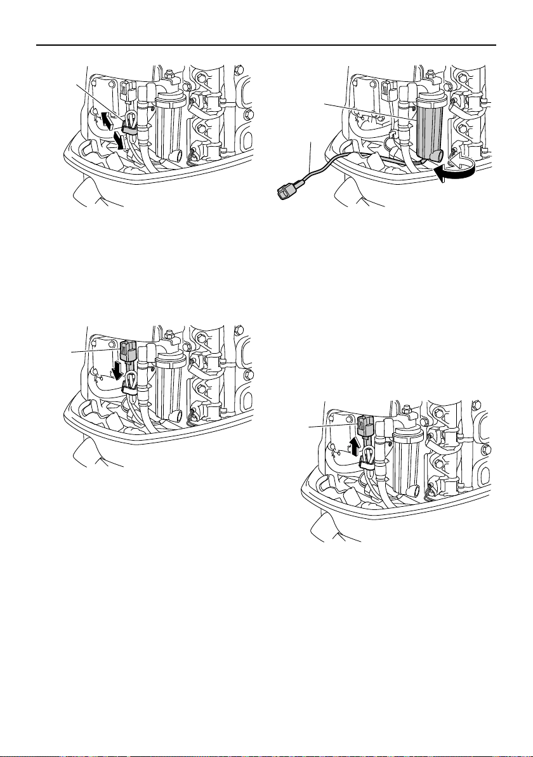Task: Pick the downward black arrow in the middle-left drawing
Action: point(117,368)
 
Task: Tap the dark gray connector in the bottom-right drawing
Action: point(365,427)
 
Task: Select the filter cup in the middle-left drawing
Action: point(168,384)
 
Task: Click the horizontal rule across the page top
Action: point(266,45)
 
